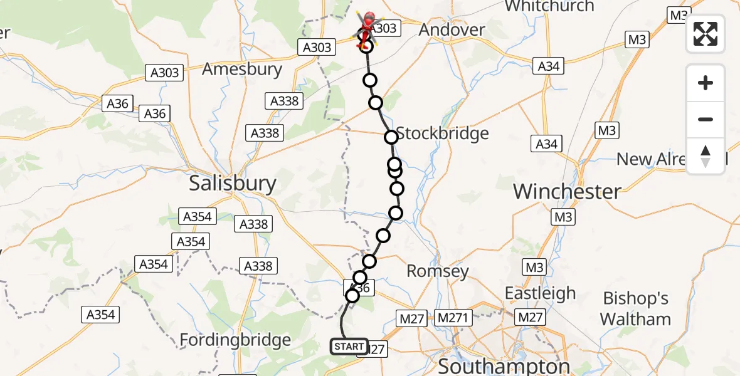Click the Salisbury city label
[x=233, y=184]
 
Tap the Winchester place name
[x=567, y=192]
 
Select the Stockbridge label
[x=442, y=133]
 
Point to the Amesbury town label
[x=242, y=69]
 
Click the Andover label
[x=452, y=30]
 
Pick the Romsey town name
[x=438, y=271]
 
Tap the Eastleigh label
[x=540, y=293]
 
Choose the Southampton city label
[x=505, y=366]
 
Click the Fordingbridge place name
[x=235, y=340]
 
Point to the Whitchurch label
[x=549, y=6]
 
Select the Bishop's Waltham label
[x=635, y=308]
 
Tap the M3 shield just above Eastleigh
[x=534, y=268]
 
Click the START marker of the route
[x=349, y=347]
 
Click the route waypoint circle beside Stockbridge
[x=391, y=137]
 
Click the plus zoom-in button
[x=706, y=83]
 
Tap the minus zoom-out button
[x=706, y=119]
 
